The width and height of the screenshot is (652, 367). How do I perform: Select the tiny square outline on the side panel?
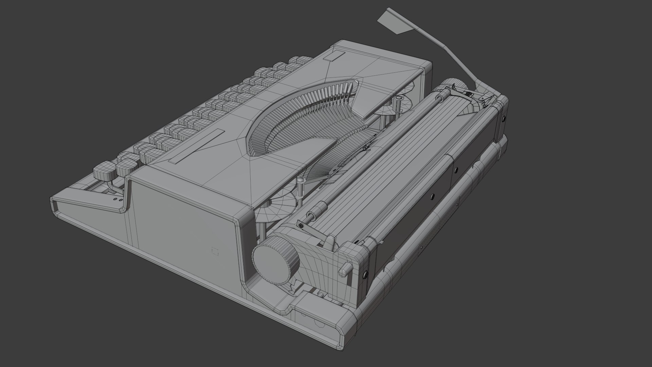[214, 251]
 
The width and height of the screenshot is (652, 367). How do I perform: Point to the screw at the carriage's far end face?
[504, 119]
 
